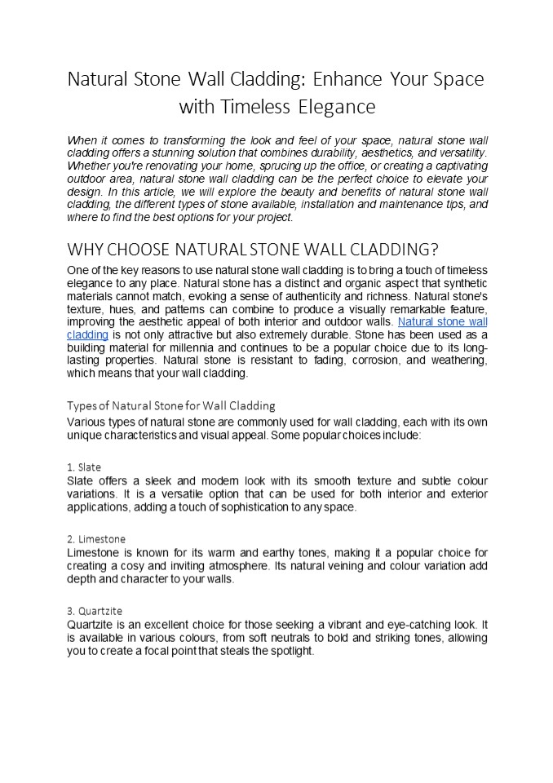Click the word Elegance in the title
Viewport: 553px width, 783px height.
(x=337, y=107)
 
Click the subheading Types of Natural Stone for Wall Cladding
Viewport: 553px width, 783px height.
(x=171, y=405)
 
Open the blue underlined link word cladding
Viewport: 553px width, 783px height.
(x=87, y=334)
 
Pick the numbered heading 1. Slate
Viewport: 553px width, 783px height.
(x=84, y=467)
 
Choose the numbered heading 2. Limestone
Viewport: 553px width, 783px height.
(x=96, y=539)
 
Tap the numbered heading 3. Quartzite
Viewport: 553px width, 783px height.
(x=95, y=610)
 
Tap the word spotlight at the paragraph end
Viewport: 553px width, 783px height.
(x=289, y=652)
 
